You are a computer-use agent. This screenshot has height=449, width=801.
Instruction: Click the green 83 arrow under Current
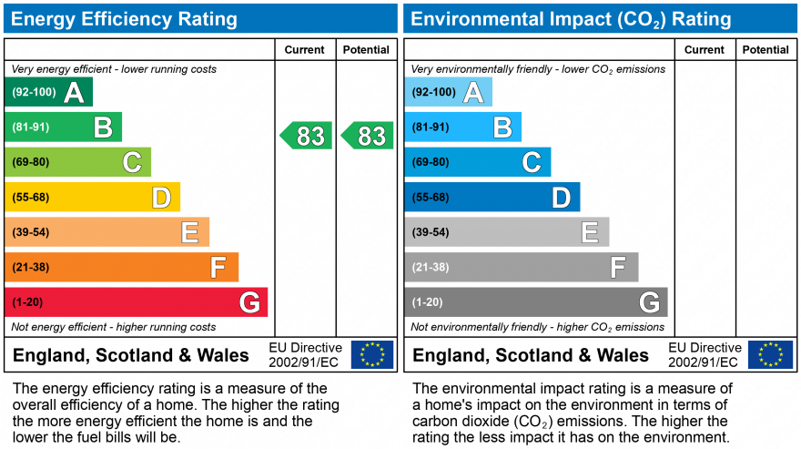(x=307, y=136)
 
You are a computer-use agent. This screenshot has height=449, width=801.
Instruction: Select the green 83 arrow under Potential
(x=368, y=136)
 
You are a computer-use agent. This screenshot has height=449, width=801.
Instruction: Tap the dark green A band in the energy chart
(x=49, y=92)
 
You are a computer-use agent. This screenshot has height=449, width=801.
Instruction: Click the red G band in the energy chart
(x=137, y=301)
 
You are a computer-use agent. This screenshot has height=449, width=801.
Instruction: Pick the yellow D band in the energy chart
(x=92, y=197)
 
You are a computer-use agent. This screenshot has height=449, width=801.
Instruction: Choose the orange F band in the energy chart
(x=121, y=267)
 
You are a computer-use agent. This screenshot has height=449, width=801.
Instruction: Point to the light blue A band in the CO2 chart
(x=448, y=92)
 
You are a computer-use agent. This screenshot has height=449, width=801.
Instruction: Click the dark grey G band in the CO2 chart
(x=535, y=301)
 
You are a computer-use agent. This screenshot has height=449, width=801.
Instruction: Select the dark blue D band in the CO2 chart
(x=492, y=197)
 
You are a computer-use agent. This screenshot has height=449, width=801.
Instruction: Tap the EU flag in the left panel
(x=372, y=354)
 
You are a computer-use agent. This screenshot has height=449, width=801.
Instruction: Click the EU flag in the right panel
(x=770, y=354)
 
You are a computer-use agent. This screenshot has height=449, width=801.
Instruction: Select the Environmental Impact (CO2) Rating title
(x=571, y=19)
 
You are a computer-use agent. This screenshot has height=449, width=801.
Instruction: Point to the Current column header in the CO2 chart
(x=704, y=50)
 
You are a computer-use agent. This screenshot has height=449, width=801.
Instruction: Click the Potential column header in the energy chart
(x=366, y=50)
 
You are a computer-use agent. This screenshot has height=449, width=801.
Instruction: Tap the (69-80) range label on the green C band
(x=30, y=162)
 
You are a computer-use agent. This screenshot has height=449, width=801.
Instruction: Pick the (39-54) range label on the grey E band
(x=430, y=232)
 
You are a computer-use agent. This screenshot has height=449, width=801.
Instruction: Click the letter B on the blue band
(x=502, y=128)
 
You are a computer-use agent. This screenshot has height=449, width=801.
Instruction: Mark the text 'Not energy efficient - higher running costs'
(x=114, y=327)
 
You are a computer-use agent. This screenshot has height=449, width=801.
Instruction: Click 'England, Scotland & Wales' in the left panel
(x=130, y=355)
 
